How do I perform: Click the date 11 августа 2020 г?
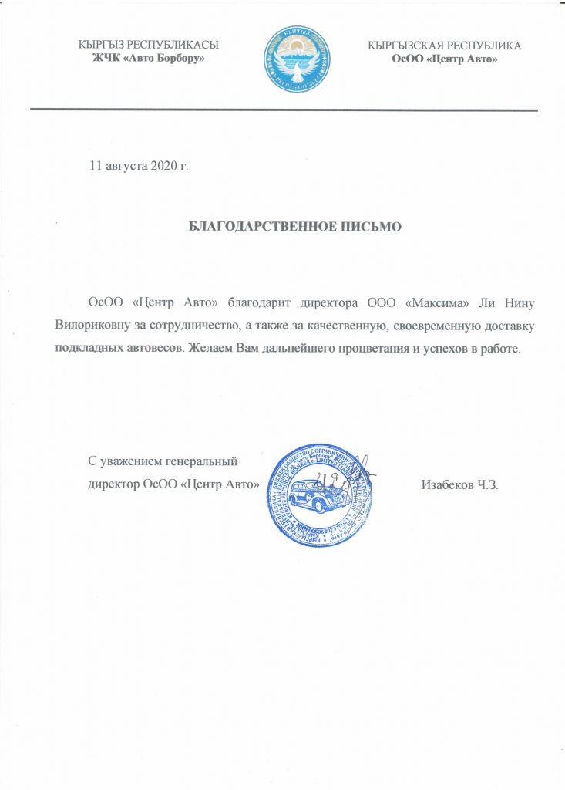click(x=140, y=166)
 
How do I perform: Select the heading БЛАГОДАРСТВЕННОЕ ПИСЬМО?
click(x=296, y=227)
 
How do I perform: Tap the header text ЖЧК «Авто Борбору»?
click(x=149, y=59)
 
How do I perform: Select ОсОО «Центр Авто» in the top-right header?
click(x=445, y=59)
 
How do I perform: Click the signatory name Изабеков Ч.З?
click(x=460, y=485)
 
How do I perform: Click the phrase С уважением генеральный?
click(x=163, y=462)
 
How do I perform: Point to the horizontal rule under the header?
click(x=284, y=110)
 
